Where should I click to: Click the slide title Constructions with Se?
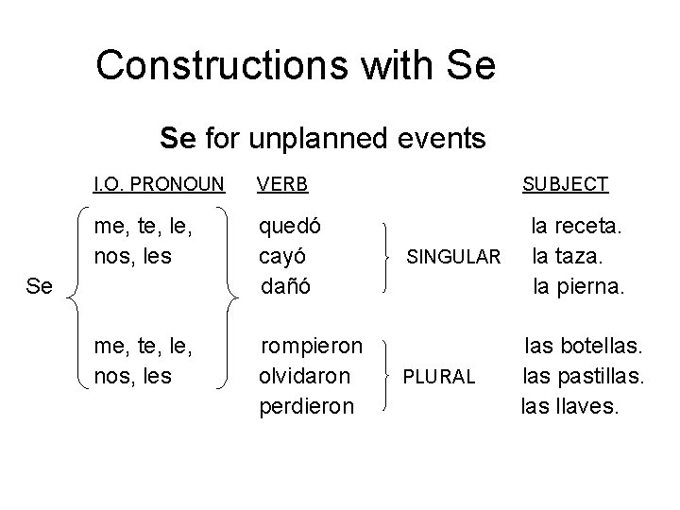pyautogui.click(x=296, y=66)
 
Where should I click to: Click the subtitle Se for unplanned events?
pyautogui.click(x=323, y=140)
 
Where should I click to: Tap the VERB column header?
pyautogui.click(x=283, y=184)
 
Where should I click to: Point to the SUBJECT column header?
pyautogui.click(x=566, y=184)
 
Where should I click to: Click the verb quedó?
pyautogui.click(x=291, y=227)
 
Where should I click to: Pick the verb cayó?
pyautogui.click(x=285, y=256)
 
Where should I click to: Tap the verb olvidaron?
pyautogui.click(x=304, y=376)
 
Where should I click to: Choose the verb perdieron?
pyautogui.click(x=307, y=406)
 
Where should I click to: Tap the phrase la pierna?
pyautogui.click(x=578, y=285)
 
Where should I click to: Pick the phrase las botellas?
pyautogui.click(x=584, y=347)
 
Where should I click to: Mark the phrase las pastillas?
pyautogui.click(x=584, y=376)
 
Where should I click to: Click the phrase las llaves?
pyautogui.click(x=570, y=406)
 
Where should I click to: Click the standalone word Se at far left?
pyautogui.click(x=40, y=285)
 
